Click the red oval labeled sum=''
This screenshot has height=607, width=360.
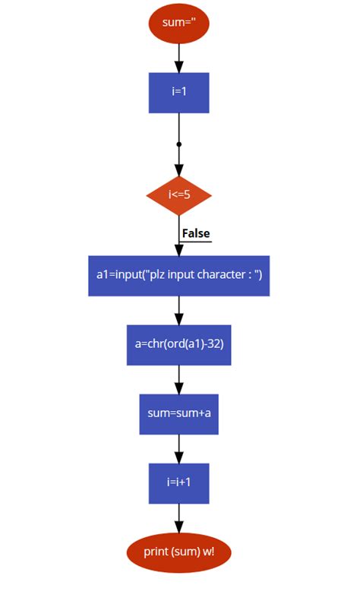[x=178, y=23]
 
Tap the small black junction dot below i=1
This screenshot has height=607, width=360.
[x=178, y=143]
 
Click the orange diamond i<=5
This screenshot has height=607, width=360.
[x=178, y=194]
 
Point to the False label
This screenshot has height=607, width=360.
[x=196, y=233]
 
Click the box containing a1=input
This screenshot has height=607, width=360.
[x=178, y=275]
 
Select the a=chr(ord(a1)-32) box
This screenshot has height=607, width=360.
[x=178, y=345]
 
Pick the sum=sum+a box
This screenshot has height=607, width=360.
[x=178, y=414]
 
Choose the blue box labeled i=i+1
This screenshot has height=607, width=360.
[x=178, y=483]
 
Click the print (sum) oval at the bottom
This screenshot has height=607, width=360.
[x=178, y=552]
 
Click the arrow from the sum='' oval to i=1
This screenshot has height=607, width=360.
[x=178, y=58]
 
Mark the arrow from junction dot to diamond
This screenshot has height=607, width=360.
[x=178, y=161]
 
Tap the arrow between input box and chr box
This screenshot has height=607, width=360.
[x=178, y=310]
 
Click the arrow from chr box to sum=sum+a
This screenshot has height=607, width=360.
[x=178, y=379]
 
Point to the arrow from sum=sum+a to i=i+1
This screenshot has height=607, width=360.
[x=178, y=448]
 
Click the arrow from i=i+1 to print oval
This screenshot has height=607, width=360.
[x=178, y=518]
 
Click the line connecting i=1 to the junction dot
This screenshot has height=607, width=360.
[x=178, y=127]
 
